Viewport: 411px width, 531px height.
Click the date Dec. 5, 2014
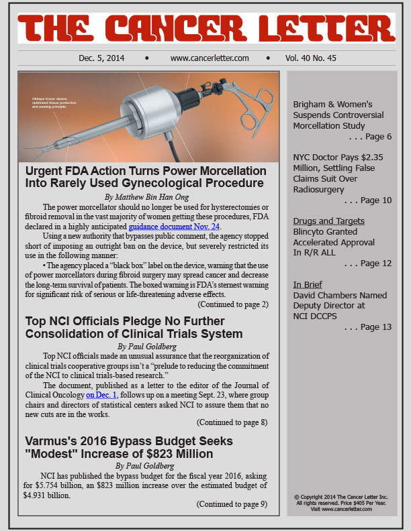(101, 58)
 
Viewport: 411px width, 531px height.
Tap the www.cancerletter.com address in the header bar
(210, 58)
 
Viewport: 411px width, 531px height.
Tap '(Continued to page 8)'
(232, 422)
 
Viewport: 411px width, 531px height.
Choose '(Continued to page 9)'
(232, 504)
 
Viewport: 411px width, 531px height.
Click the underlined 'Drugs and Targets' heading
(329, 221)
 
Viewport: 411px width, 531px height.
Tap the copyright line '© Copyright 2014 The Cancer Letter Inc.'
(342, 496)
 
